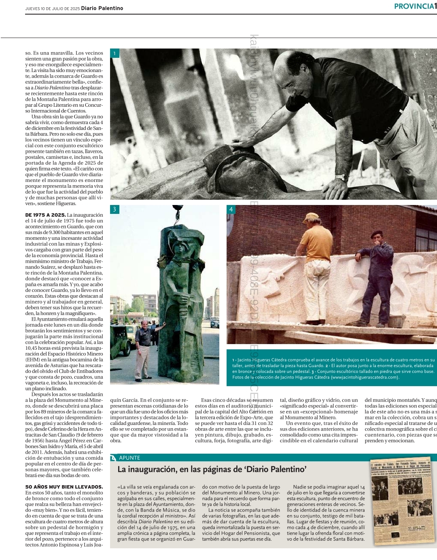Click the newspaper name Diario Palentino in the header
(x=102, y=8)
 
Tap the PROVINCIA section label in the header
(x=414, y=6)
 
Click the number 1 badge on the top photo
(x=115, y=53)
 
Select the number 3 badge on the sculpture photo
(x=115, y=209)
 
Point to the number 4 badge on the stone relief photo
(x=231, y=209)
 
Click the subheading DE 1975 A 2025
(x=45, y=215)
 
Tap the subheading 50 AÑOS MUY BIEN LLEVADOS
(x=64, y=487)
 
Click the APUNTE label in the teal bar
(x=129, y=458)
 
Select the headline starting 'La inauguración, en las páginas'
(x=212, y=469)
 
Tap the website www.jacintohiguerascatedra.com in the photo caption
(x=365, y=377)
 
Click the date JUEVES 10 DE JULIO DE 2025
(x=52, y=8)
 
